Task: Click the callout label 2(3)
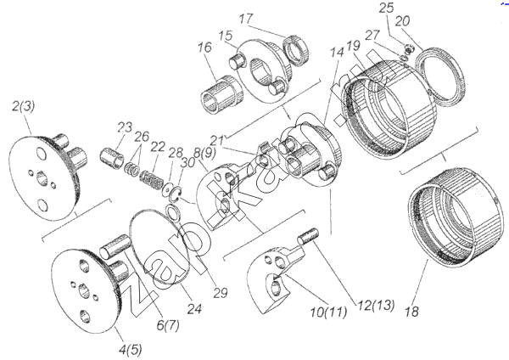pos(24,107)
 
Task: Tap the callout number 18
pos(412,312)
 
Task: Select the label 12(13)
pos(376,305)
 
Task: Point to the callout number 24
pos(195,309)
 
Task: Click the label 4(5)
pos(131,350)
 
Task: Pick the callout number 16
pos(204,48)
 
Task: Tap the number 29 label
pos(221,293)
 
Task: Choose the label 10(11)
pos(328,312)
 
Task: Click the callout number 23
pos(125,127)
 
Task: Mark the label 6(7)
pos(168,325)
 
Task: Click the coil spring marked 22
pos(151,180)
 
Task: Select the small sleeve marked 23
pos(111,158)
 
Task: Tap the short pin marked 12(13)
pos(309,237)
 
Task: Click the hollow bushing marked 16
pos(222,94)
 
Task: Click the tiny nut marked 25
pos(409,48)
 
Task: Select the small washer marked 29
pos(172,213)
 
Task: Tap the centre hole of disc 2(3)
pos(42,178)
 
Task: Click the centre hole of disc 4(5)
pos(84,290)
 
